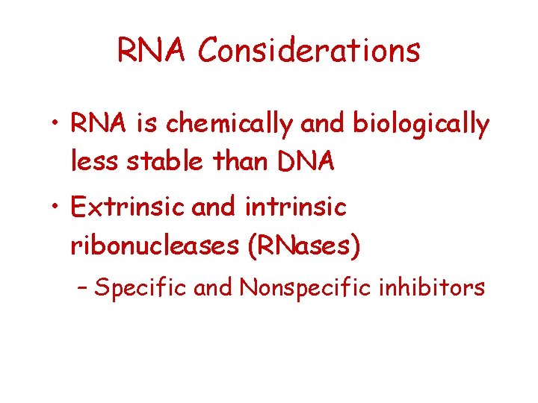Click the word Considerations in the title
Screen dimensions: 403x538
[309, 51]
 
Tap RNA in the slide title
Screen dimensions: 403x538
[153, 51]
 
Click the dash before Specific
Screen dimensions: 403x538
[84, 287]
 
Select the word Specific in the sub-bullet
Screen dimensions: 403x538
[140, 287]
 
